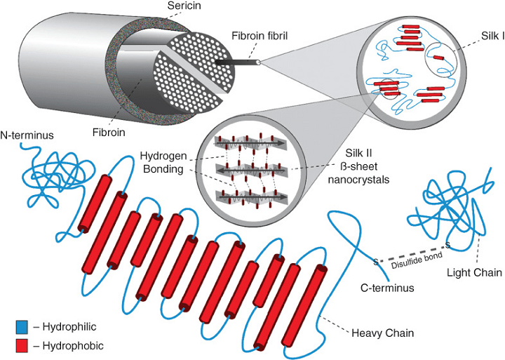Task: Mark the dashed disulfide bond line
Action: point(410,253)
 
